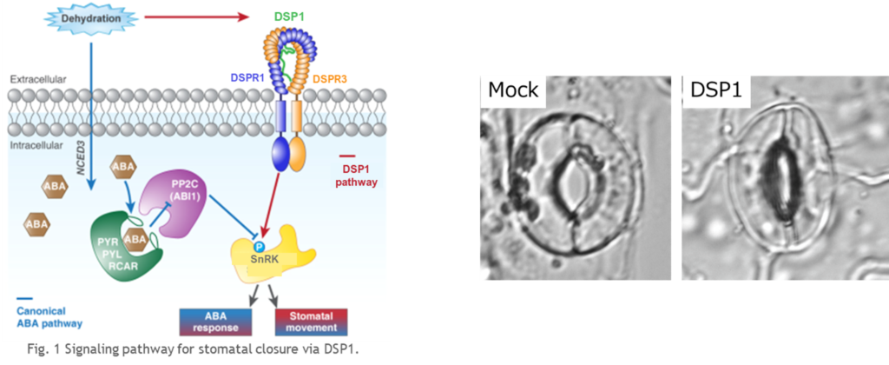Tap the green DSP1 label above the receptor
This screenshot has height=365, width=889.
click(x=289, y=17)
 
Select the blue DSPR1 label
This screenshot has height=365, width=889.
click(x=247, y=77)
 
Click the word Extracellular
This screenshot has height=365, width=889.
click(x=37, y=80)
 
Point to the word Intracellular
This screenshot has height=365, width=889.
click(x=36, y=146)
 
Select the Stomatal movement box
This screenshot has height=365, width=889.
click(x=311, y=322)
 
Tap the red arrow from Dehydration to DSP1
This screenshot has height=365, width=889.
click(x=197, y=17)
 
